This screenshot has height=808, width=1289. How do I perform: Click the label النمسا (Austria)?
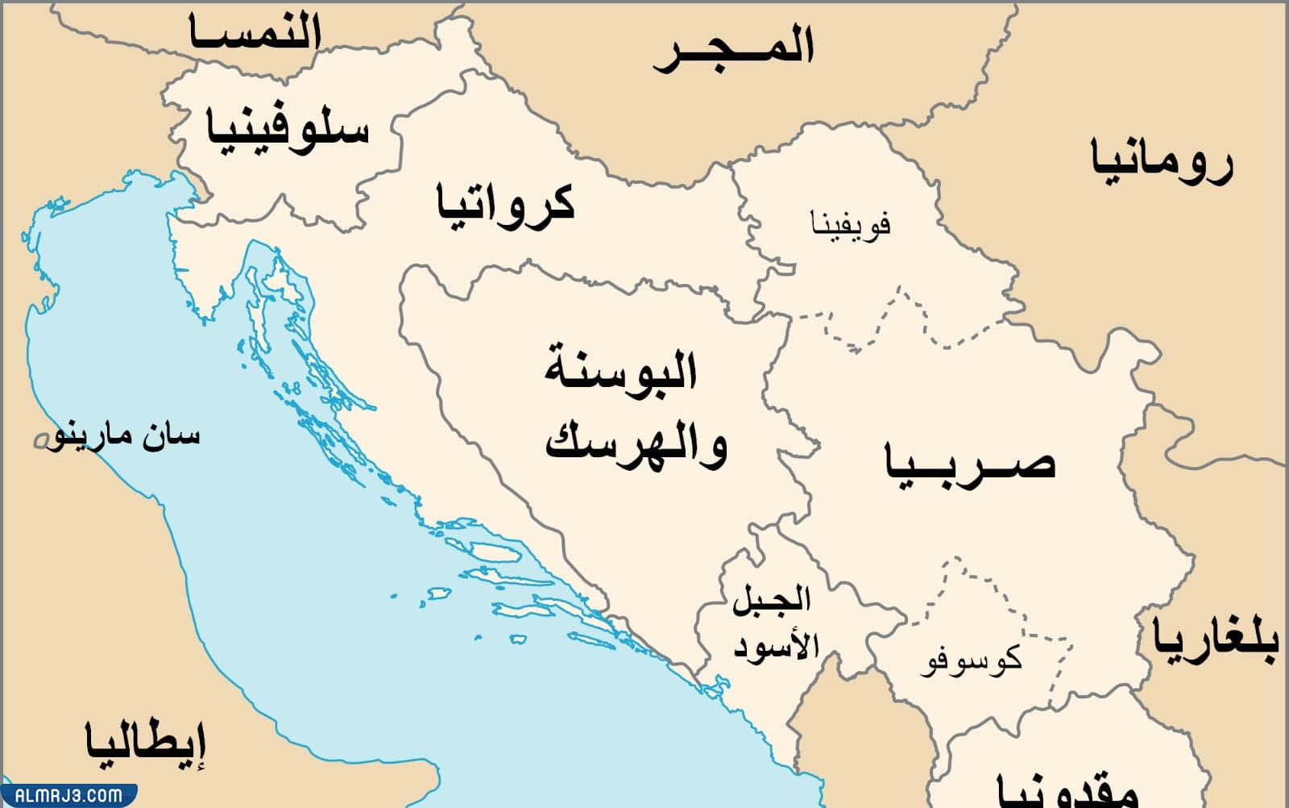pos(255,35)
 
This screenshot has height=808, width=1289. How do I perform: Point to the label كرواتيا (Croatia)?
pos(505,203)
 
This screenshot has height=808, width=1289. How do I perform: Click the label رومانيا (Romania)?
pos(1162,161)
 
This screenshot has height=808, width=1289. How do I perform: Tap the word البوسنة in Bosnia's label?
pos(620,371)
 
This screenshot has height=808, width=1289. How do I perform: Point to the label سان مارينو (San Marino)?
pos(125,436)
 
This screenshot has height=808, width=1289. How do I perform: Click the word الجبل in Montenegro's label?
pos(771,601)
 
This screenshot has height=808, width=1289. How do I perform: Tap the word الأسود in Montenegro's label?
pos(776,647)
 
